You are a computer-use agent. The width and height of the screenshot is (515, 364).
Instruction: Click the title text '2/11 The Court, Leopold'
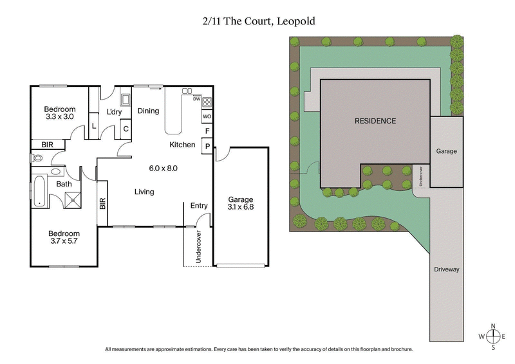(257, 21)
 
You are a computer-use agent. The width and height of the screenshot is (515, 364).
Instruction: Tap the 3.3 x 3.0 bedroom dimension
(60, 117)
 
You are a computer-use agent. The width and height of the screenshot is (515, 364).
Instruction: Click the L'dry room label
(115, 113)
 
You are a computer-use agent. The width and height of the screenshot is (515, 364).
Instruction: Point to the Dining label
(148, 111)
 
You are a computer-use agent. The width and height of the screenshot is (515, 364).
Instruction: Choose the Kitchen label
(182, 145)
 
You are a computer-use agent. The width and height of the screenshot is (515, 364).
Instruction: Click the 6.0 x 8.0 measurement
(164, 168)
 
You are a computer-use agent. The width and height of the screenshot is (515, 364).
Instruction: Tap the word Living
(148, 192)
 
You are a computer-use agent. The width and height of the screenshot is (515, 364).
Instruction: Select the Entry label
(199, 206)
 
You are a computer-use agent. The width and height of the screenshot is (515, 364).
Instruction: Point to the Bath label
(64, 185)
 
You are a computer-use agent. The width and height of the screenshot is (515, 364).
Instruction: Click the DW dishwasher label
(196, 98)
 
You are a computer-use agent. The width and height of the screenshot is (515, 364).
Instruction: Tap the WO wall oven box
(207, 116)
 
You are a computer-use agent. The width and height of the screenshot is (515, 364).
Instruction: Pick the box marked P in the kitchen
(207, 146)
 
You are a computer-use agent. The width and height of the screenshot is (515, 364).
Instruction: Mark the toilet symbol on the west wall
(32, 157)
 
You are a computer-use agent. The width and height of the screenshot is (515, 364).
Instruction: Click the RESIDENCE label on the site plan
(375, 121)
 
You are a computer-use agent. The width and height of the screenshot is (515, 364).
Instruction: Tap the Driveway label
(446, 269)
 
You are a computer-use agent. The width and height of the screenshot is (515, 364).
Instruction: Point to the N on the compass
(493, 325)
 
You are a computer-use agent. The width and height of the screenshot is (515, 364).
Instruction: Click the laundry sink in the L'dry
(126, 99)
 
